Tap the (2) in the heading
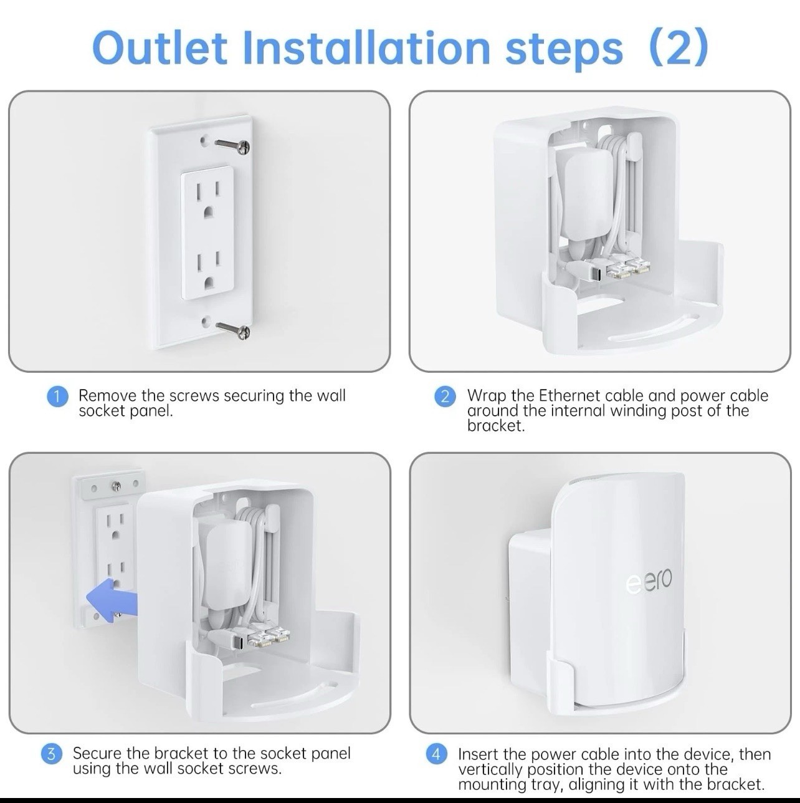click(678, 47)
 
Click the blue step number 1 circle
click(57, 397)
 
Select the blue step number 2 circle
click(445, 397)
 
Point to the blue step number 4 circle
click(437, 754)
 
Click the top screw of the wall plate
click(232, 145)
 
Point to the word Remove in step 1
click(107, 396)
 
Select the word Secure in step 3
click(97, 753)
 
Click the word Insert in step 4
click(478, 754)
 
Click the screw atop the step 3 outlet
click(115, 485)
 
